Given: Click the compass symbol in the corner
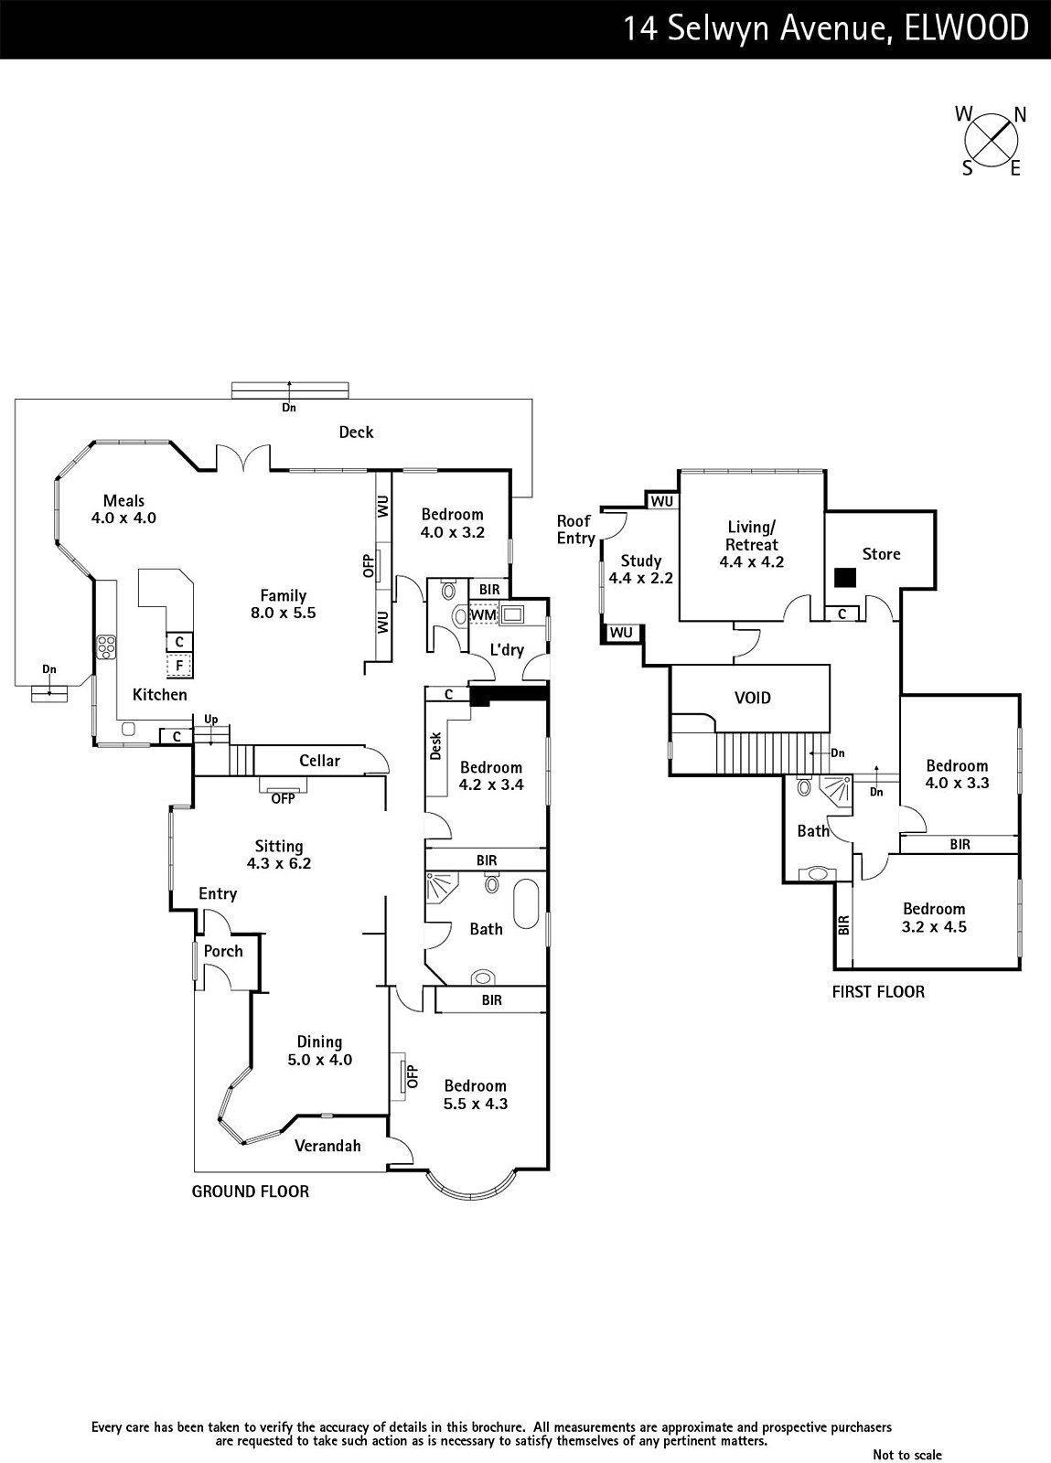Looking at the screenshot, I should click(x=992, y=141).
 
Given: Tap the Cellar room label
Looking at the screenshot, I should click(x=319, y=761).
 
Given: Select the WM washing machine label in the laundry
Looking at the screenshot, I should click(x=483, y=615).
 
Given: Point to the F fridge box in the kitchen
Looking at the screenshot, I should click(x=179, y=665).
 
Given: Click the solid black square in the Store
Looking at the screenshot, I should click(x=844, y=577).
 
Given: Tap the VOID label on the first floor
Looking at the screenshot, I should click(x=753, y=698).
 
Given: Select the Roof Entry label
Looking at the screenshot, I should click(x=575, y=529).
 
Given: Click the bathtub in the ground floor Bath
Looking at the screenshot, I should click(x=527, y=903).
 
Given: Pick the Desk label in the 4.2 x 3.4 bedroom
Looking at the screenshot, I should click(x=436, y=745).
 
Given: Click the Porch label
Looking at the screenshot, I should click(x=223, y=951).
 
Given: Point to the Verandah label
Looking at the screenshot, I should click(x=327, y=1146).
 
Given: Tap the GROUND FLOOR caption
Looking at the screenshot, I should click(x=250, y=1191).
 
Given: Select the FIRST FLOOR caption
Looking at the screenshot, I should click(x=878, y=991).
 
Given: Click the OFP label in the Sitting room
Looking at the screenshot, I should click(x=283, y=798).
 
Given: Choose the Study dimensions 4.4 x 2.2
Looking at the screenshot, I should click(x=640, y=578).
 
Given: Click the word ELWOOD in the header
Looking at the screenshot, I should click(x=966, y=28).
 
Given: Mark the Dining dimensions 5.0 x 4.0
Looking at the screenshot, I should click(x=319, y=1060).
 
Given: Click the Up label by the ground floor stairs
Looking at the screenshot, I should click(x=211, y=720).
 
